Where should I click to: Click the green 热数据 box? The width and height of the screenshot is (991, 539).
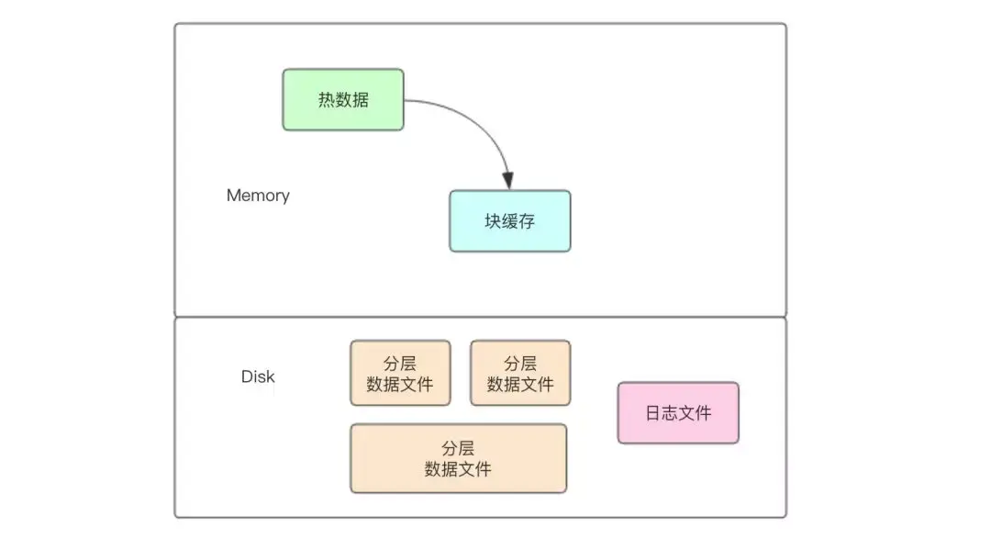pyautogui.click(x=342, y=99)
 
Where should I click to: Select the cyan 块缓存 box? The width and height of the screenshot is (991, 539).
pyautogui.click(x=509, y=221)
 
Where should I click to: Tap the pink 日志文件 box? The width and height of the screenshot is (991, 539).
pyautogui.click(x=677, y=413)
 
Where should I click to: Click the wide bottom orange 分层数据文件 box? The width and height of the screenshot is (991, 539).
pyautogui.click(x=458, y=458)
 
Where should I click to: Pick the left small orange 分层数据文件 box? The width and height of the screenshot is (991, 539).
pyautogui.click(x=400, y=373)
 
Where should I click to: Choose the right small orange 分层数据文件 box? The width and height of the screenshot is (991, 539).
pyautogui.click(x=520, y=373)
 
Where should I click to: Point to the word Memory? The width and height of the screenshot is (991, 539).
pyautogui.click(x=258, y=196)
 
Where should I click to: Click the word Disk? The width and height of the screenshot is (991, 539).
pyautogui.click(x=258, y=376)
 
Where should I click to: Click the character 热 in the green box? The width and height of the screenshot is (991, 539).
pyautogui.click(x=327, y=100)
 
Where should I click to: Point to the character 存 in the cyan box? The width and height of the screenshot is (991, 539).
pyautogui.click(x=527, y=221)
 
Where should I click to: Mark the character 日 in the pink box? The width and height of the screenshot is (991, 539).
pyautogui.click(x=652, y=413)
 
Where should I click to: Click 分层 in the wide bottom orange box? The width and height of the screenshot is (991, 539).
pyautogui.click(x=458, y=448)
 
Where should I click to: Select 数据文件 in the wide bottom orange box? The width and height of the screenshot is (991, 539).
pyautogui.click(x=458, y=469)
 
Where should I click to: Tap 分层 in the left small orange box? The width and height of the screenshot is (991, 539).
pyautogui.click(x=400, y=363)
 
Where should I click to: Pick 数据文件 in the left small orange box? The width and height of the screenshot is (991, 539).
pyautogui.click(x=400, y=384)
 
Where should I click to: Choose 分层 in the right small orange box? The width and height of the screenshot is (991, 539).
pyautogui.click(x=520, y=363)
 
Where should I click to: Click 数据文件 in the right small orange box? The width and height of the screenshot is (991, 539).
pyautogui.click(x=520, y=384)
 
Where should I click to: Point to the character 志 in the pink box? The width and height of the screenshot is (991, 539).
pyautogui.click(x=669, y=413)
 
